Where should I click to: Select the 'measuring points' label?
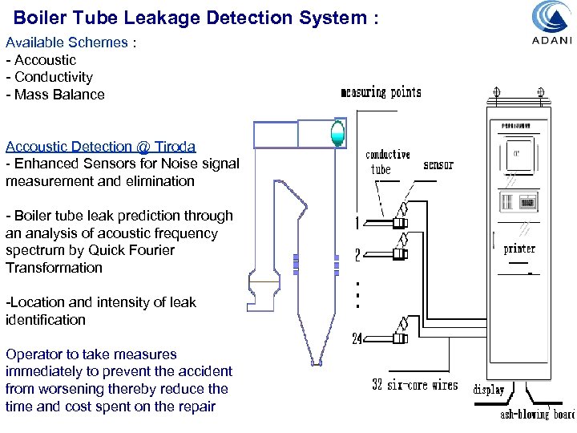[x=381, y=92]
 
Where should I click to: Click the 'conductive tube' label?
[x=387, y=161]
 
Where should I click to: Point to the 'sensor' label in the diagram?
[x=438, y=164]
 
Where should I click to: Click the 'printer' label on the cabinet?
[x=518, y=249]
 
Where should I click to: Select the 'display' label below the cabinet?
[x=489, y=390]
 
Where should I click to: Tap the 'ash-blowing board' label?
[x=537, y=414]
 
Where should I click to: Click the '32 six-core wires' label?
[x=415, y=385]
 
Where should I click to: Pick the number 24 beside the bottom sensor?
[x=357, y=339]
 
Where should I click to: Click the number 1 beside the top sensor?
[x=358, y=222]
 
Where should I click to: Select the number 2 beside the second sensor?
[x=358, y=256]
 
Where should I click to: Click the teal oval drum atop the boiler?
[x=337, y=132]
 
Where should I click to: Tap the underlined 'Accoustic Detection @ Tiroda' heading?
[x=101, y=146]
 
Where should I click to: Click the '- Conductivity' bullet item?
[x=49, y=77]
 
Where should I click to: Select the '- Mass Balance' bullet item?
[x=54, y=95]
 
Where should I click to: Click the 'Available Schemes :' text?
[x=71, y=42]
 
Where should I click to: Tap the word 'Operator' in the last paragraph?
[x=34, y=354]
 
